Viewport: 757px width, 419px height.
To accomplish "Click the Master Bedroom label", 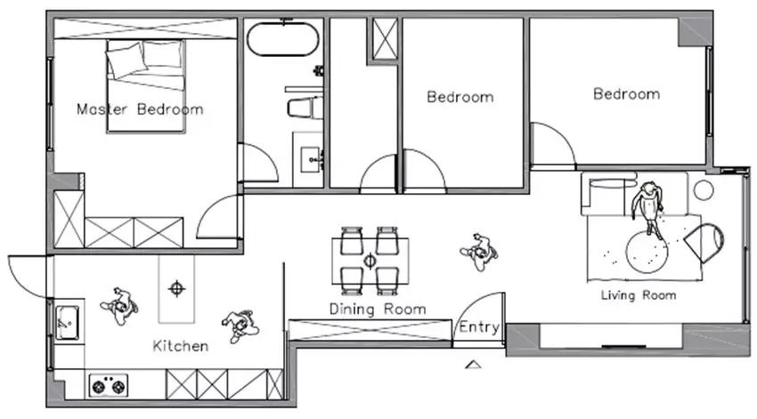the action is [x=140, y=109].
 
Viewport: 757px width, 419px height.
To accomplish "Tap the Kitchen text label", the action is [x=181, y=346].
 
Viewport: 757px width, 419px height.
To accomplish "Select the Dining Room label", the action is [x=378, y=309].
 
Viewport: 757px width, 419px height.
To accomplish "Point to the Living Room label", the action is [x=639, y=295].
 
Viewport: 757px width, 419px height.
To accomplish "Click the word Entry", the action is [x=479, y=326].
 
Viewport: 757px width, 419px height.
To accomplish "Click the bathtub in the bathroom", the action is [x=282, y=39].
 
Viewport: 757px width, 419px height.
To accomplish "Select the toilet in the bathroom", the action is [x=305, y=108].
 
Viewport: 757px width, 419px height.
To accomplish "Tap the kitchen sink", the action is [x=67, y=323].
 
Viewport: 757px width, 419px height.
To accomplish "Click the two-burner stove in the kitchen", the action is [x=108, y=386].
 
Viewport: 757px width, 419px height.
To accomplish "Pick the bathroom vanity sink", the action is [x=312, y=159].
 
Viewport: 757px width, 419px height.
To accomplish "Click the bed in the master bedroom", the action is [x=146, y=85].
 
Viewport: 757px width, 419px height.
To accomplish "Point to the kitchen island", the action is [x=176, y=289].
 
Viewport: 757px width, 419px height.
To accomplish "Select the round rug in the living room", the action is [x=647, y=252].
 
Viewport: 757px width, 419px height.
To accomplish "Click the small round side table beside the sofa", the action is [x=704, y=190].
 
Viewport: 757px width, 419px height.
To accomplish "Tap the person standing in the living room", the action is [x=647, y=208].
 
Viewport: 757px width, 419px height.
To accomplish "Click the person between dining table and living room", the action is [x=479, y=252].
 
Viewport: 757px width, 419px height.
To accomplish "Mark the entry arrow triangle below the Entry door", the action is [x=473, y=365].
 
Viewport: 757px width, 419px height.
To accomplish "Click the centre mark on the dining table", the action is [x=370, y=261].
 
